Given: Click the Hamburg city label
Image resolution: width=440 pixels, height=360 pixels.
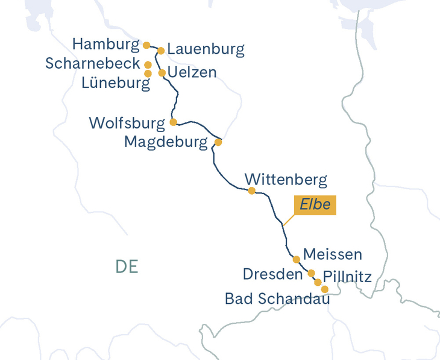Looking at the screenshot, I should [105, 45].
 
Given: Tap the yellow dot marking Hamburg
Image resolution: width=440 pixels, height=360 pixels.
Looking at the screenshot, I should [146, 45].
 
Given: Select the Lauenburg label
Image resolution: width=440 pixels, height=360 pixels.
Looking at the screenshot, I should [206, 49].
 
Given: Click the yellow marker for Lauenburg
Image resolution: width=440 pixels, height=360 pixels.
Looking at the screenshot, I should [161, 51].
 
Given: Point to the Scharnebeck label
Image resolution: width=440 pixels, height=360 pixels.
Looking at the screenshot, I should [92, 64].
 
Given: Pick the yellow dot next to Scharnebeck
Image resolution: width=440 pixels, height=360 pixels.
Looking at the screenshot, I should [148, 65].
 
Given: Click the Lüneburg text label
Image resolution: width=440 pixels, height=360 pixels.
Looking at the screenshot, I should [116, 83].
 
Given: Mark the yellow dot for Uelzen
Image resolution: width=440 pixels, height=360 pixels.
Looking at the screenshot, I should [162, 73].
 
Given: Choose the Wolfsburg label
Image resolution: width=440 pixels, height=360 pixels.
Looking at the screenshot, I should [127, 124].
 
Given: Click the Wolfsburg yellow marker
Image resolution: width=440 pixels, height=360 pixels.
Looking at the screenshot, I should [173, 122].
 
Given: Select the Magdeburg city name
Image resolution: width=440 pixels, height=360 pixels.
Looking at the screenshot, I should [167, 142].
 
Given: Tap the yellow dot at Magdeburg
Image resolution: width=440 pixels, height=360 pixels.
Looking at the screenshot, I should [218, 143].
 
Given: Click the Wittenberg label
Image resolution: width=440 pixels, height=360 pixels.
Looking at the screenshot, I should [286, 180].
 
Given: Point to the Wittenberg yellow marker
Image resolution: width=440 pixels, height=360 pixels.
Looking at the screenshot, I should [251, 191].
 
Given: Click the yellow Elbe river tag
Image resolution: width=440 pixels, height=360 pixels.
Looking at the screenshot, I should [315, 205].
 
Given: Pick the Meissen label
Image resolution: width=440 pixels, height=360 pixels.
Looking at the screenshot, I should [332, 254].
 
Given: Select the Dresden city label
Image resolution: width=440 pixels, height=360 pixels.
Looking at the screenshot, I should [272, 274].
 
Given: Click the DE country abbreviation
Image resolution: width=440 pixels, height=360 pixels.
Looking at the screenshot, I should [126, 267].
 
